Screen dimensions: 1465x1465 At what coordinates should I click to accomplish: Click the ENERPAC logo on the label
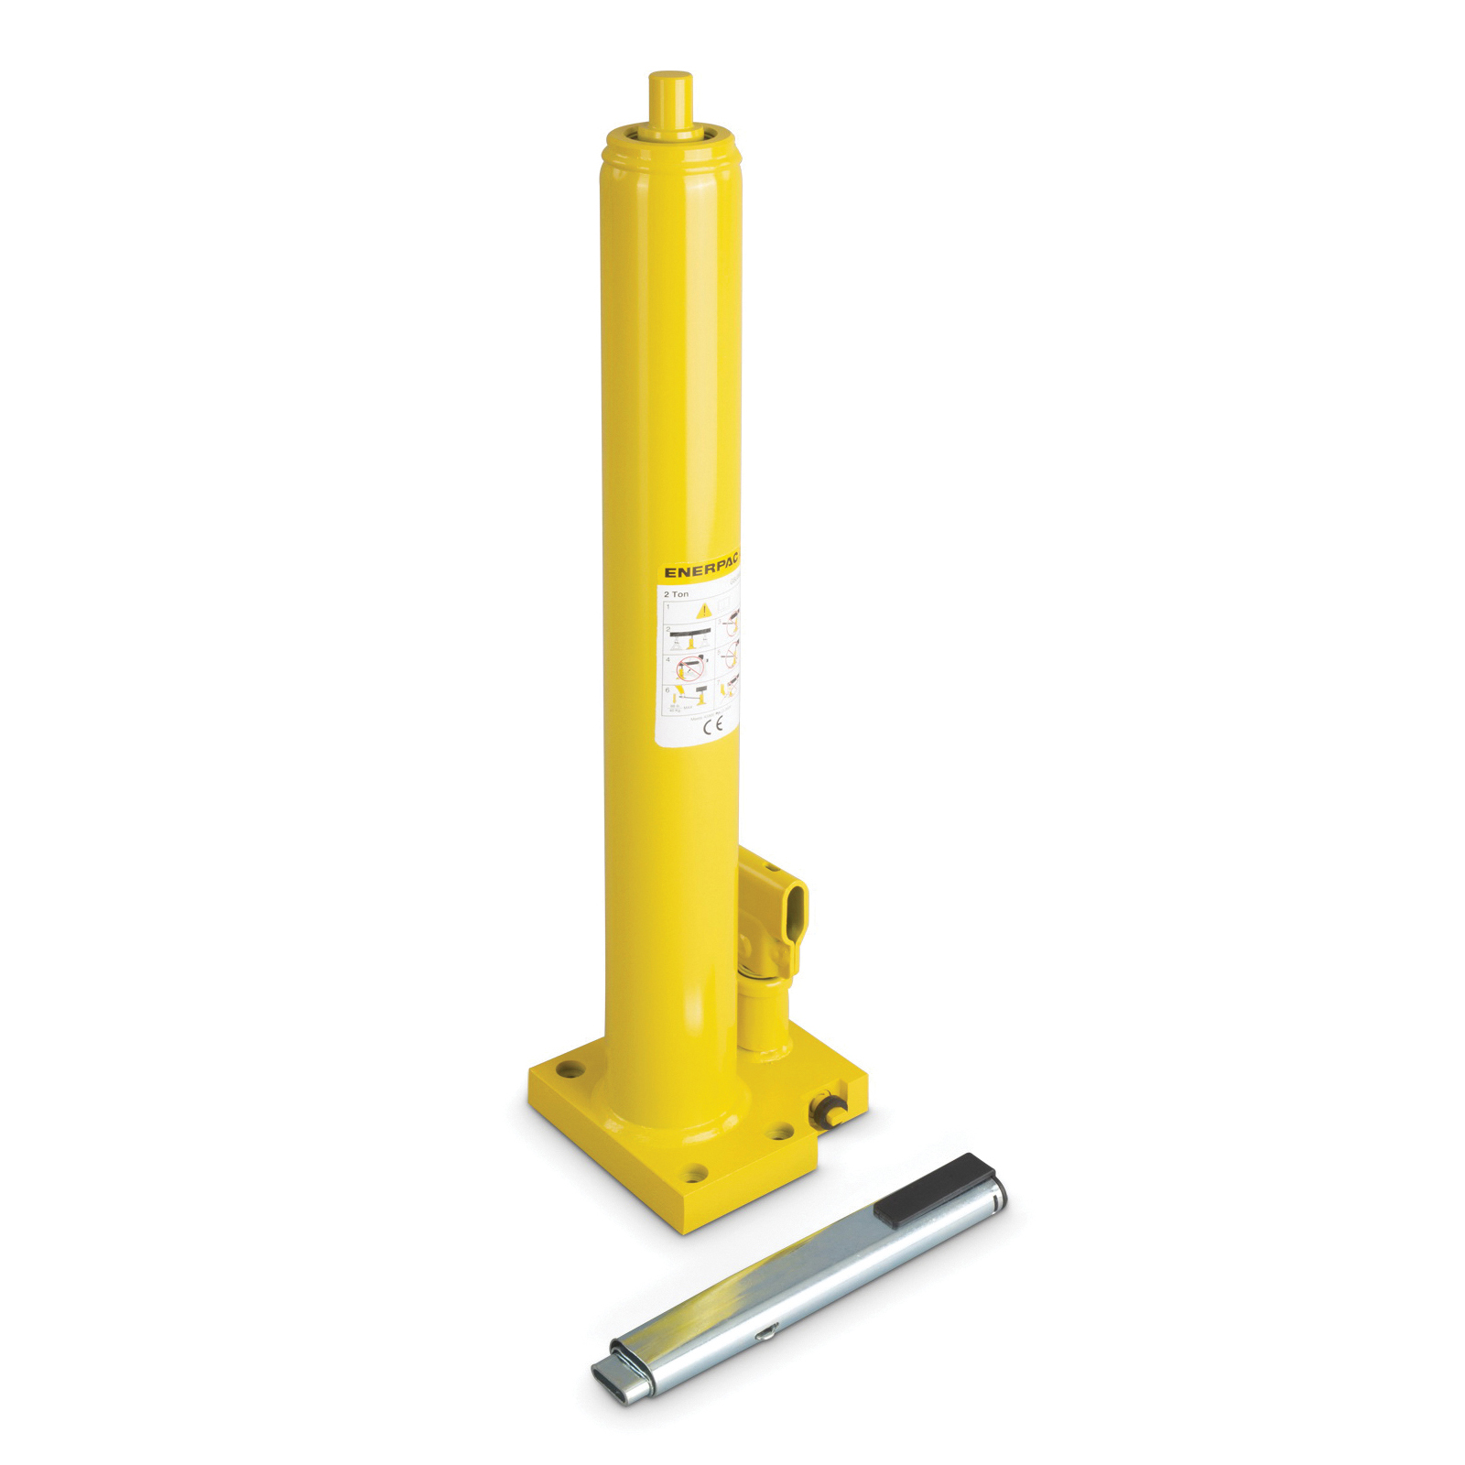tap(700, 570)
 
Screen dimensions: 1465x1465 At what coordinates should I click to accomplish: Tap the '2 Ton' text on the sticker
tap(677, 594)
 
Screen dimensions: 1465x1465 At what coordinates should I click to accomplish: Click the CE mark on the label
tap(712, 724)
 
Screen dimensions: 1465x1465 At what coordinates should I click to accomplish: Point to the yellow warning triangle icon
tap(703, 610)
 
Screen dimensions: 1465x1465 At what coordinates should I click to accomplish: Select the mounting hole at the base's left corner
tap(570, 1068)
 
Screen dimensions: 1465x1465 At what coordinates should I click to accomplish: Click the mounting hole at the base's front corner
tap(696, 1171)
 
